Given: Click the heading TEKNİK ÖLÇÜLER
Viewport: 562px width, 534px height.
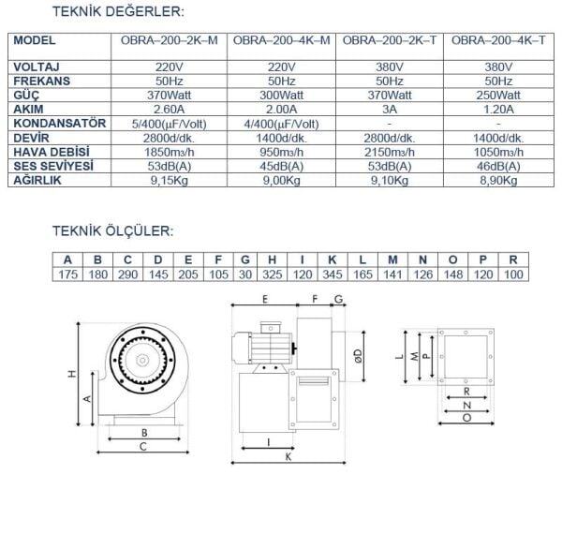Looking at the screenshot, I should tap(111, 230).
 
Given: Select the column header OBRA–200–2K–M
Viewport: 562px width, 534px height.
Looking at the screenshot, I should tap(171, 41).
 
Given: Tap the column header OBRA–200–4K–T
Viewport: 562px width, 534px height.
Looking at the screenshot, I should tap(496, 41).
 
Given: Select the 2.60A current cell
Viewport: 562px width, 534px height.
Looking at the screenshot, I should tap(171, 109).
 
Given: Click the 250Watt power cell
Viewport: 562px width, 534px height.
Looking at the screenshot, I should tap(496, 95).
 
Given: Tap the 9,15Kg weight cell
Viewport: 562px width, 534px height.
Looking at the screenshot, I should tap(171, 180).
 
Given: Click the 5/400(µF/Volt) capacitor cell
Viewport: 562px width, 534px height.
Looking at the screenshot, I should tap(171, 123).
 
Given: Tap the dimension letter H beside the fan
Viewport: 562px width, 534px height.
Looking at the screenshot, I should tap(70, 374).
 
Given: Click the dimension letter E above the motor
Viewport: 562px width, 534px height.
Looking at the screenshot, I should tap(265, 300).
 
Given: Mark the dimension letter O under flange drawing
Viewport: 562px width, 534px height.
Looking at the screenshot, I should tap(466, 418).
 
